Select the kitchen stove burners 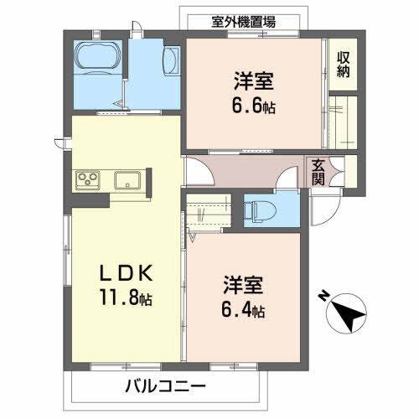point(89,178)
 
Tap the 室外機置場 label point(242,22)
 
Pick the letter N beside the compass point(323,296)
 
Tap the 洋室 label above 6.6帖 point(252,84)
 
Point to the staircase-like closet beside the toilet point(208,213)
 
